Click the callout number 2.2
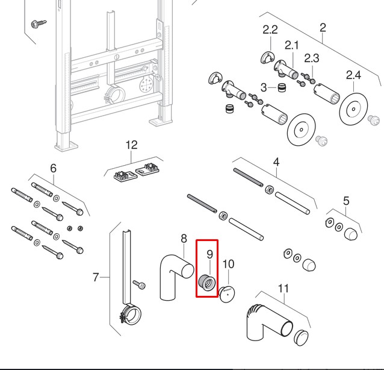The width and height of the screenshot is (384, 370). (270, 30)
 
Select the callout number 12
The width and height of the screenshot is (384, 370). (131, 145)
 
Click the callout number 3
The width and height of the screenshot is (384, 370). (264, 88)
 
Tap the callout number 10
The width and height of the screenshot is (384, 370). (228, 263)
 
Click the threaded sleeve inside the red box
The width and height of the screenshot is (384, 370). (207, 282)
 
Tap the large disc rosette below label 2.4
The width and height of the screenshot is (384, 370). (354, 110)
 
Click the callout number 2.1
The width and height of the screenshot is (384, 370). (292, 45)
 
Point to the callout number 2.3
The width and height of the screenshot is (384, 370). (311, 58)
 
